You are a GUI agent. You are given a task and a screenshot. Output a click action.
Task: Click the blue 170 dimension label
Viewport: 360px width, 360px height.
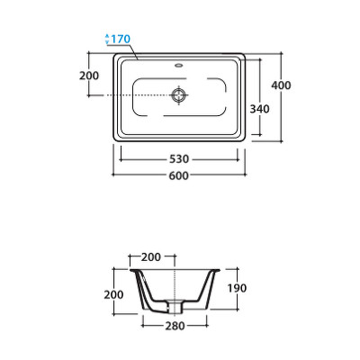pos(121,39)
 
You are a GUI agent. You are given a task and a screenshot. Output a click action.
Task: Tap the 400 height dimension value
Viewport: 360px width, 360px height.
pos(281,85)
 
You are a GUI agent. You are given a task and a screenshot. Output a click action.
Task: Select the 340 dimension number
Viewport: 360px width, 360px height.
pos(260,109)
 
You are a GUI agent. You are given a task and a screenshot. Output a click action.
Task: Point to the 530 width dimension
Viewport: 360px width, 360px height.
pos(179,159)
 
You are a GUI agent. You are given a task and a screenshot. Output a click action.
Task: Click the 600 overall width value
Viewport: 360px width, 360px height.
pos(179,175)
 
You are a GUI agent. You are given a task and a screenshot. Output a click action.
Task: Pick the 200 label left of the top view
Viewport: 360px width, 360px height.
pos(89,76)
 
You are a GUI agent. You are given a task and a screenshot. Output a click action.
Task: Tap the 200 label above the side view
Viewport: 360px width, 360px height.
pos(151,257)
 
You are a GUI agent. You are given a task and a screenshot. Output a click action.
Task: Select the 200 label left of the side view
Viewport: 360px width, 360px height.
pos(113,294)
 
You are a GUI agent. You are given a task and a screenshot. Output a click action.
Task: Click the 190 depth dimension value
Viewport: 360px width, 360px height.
pos(237,288)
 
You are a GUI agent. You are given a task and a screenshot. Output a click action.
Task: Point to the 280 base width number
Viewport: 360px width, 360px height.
pos(175,326)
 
